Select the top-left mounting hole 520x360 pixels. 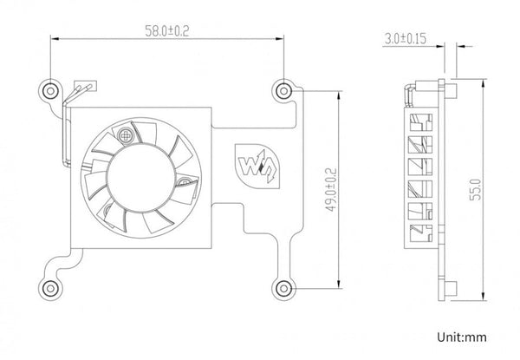(x=50, y=90)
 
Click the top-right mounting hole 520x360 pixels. (x=283, y=89)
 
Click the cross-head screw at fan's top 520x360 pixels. (x=127, y=134)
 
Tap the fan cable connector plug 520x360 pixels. (x=84, y=88)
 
